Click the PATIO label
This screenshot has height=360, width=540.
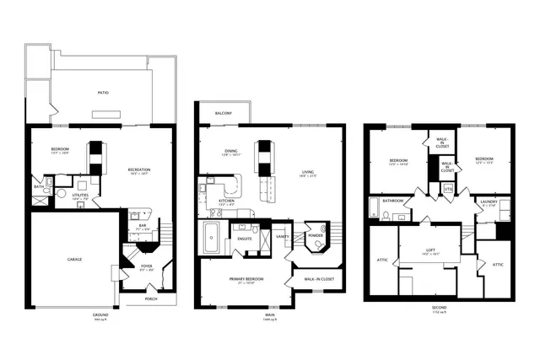(103, 93)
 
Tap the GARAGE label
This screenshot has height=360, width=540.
(74, 260)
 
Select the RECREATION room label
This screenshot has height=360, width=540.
(139, 171)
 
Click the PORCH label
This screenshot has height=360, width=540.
(150, 298)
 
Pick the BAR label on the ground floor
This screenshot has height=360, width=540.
(142, 225)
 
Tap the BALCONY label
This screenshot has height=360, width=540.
(224, 112)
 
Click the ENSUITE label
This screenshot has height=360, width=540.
(244, 239)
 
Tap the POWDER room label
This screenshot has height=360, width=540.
(315, 236)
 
